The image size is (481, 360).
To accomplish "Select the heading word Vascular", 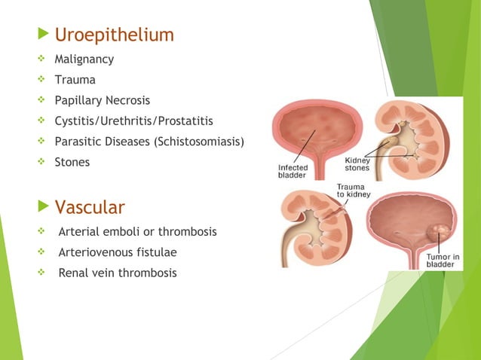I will click(x=90, y=206).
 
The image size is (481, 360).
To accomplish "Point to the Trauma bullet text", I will click(x=75, y=78).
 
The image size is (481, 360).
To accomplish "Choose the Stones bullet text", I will click(x=72, y=162).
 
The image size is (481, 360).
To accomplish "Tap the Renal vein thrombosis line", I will click(x=118, y=272).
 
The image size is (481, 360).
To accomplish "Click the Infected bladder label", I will click(x=292, y=170).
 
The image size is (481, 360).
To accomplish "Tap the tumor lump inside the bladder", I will click(x=436, y=230).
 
